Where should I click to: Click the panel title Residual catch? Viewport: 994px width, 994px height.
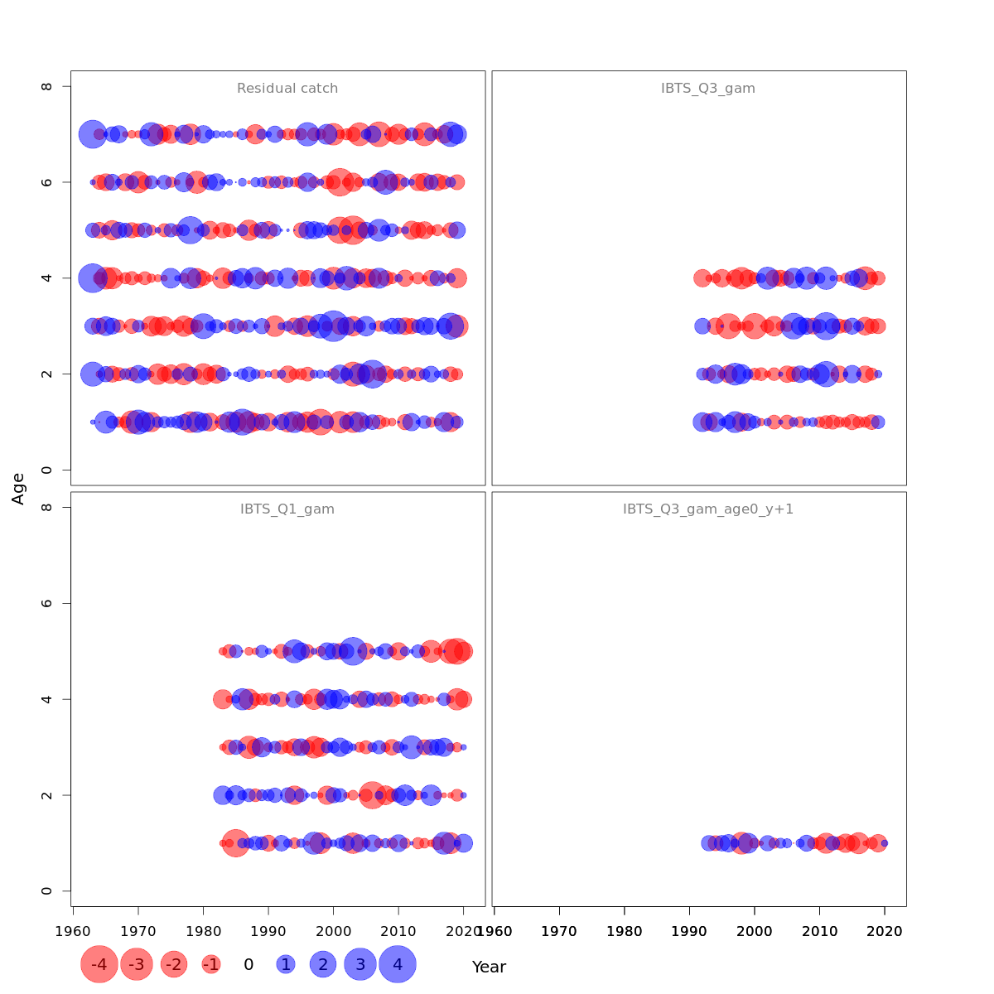coord(287,89)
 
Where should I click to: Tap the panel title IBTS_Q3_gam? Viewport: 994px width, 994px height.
coord(708,89)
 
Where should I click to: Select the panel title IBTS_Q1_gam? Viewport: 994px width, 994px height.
coord(287,509)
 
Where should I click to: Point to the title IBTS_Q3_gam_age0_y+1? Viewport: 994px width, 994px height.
coord(708,509)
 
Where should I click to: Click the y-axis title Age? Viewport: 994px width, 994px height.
coord(18,489)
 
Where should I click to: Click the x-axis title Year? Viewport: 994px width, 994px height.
coord(489,967)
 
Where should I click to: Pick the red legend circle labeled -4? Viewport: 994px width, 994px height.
coord(99,964)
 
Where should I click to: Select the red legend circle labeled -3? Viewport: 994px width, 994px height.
coord(137,964)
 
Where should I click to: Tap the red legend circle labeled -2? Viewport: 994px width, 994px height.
coord(174,964)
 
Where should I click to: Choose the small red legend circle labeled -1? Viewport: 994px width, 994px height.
coord(211,964)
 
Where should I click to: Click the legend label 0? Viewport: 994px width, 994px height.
coord(248,964)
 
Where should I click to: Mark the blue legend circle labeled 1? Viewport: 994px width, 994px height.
coord(286,964)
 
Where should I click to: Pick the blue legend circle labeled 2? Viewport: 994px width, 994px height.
coord(323,964)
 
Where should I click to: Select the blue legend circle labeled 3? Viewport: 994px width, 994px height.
coord(360,964)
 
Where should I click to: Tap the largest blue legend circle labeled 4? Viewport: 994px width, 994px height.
coord(398,964)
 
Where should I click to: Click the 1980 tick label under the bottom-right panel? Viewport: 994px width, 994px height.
coord(625,931)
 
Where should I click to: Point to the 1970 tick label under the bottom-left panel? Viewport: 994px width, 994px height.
coord(138,931)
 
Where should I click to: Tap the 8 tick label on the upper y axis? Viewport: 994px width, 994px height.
coord(47,86)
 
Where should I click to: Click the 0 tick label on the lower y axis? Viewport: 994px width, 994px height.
coord(47,891)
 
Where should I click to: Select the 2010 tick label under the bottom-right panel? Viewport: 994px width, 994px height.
coord(819,931)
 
